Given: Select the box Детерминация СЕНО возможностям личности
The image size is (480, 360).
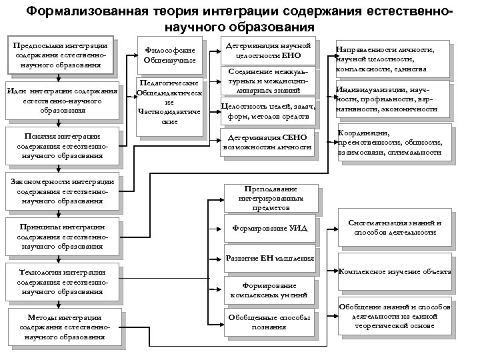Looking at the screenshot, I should point(267,141).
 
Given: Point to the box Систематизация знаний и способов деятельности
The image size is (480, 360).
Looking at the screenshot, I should point(395,227).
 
